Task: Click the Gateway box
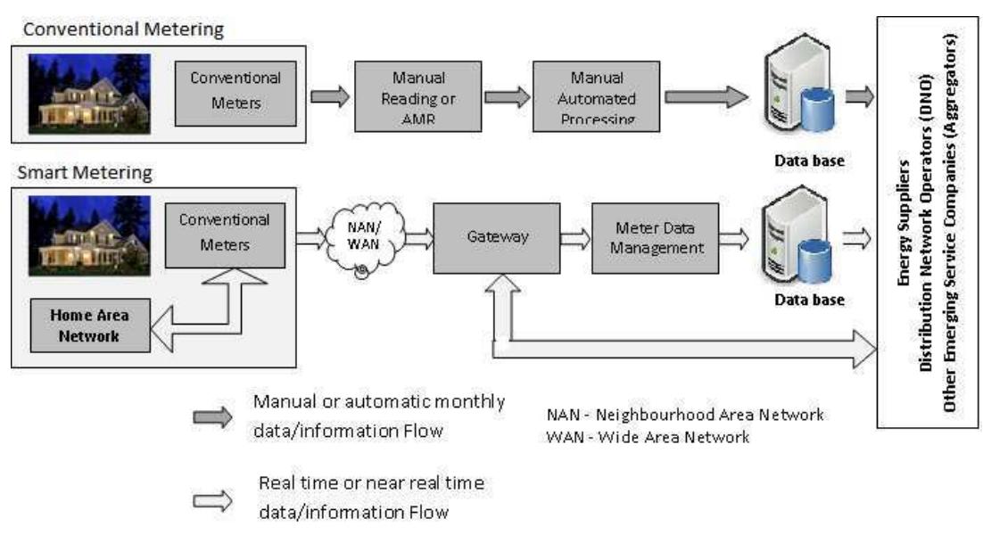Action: pyautogui.click(x=497, y=238)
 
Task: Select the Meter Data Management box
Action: pyautogui.click(x=655, y=238)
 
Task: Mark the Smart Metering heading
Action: pyautogui.click(x=86, y=173)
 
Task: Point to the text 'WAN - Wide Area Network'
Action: pyautogui.click(x=648, y=437)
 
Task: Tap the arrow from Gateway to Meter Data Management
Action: pyautogui.click(x=574, y=237)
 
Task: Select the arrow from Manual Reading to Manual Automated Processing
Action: pyautogui.click(x=508, y=97)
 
